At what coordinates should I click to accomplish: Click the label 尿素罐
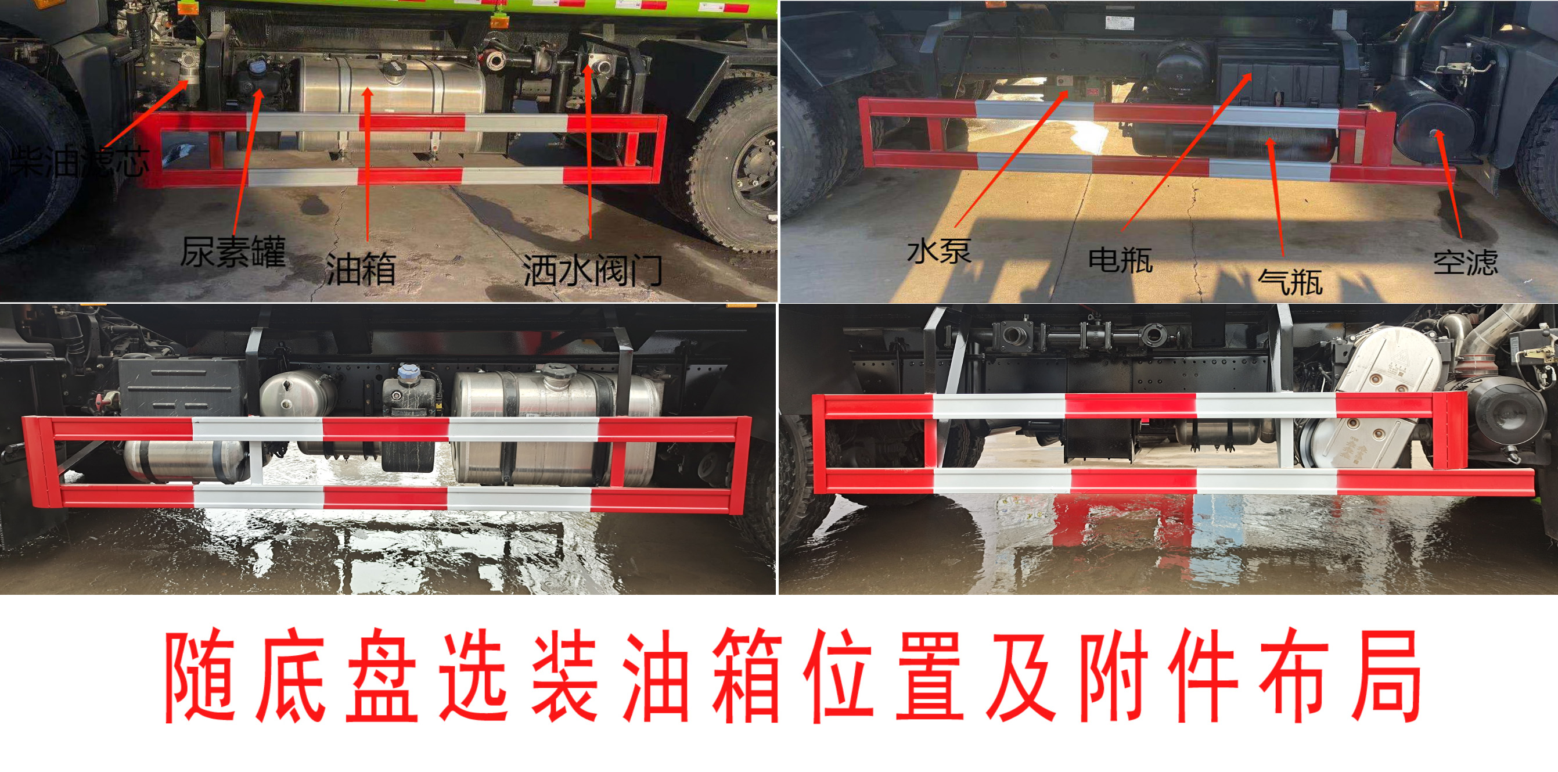tap(233, 251)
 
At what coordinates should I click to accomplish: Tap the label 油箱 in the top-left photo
tap(361, 269)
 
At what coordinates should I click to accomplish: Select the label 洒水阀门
tap(593, 271)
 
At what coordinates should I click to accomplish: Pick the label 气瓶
tap(1290, 280)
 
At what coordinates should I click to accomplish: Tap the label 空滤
tap(1466, 261)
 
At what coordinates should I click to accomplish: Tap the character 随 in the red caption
tap(200, 676)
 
